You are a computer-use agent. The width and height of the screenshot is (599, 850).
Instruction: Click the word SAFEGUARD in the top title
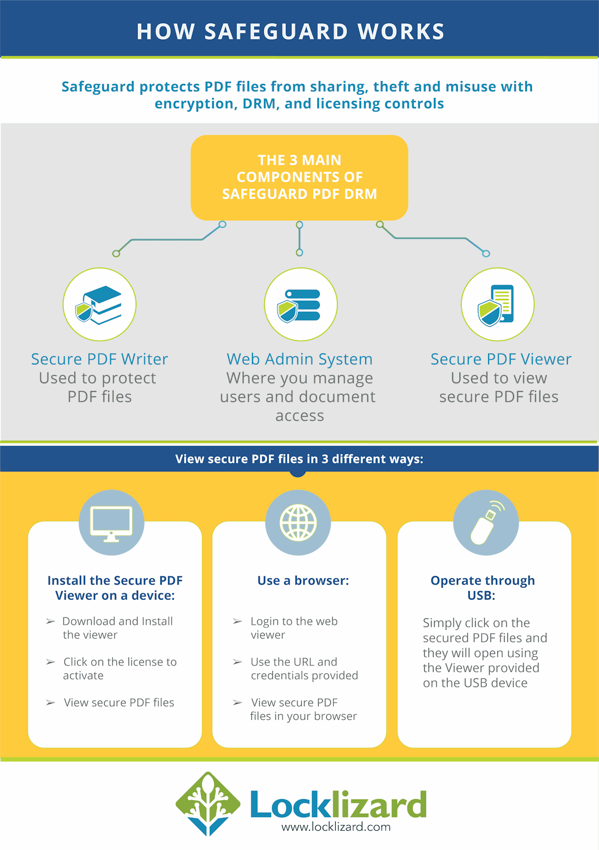(x=276, y=32)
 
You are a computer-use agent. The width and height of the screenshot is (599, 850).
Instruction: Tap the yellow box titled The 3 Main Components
(x=299, y=178)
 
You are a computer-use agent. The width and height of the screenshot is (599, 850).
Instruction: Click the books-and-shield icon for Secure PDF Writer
(x=99, y=305)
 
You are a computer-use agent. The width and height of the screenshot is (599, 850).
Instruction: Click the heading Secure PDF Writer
(x=100, y=359)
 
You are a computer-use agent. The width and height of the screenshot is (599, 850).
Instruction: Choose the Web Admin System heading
(x=299, y=359)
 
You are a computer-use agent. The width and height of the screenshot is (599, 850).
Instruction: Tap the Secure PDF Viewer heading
(x=500, y=359)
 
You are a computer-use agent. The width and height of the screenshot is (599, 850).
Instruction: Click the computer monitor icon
(x=111, y=524)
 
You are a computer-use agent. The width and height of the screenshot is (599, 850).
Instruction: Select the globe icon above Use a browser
(x=298, y=523)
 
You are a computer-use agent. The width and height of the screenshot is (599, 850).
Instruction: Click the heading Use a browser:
(x=303, y=580)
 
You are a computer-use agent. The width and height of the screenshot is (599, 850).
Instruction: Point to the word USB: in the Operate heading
(x=481, y=595)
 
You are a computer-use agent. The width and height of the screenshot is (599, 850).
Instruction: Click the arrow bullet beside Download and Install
(x=50, y=621)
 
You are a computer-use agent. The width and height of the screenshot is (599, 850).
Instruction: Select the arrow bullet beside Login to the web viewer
(x=237, y=621)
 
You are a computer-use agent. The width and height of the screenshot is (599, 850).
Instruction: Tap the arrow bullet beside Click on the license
(x=50, y=662)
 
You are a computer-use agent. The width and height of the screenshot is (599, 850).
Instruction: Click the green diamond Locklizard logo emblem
(x=208, y=804)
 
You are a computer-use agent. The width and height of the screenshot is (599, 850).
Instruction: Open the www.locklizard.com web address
(x=336, y=826)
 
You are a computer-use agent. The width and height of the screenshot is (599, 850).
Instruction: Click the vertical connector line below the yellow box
(x=299, y=238)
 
